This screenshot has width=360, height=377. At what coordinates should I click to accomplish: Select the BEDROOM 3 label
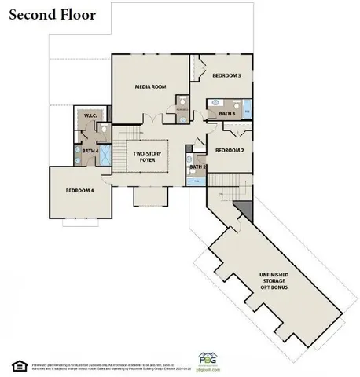click(226, 75)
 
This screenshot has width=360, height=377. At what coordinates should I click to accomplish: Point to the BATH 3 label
click(226, 114)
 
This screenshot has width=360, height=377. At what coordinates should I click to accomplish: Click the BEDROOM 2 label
click(230, 149)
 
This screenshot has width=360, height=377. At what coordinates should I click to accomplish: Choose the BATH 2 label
click(197, 167)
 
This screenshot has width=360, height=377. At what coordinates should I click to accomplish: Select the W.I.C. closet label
click(89, 118)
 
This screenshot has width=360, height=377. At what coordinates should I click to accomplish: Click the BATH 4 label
click(90, 150)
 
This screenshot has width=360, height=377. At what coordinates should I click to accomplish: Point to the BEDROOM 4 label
click(79, 191)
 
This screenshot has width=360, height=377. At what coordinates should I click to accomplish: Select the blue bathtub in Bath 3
click(248, 112)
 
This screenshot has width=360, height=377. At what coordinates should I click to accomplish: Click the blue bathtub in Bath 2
click(197, 181)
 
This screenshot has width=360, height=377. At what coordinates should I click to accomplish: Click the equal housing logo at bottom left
click(16, 364)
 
